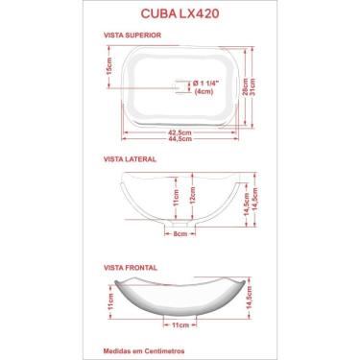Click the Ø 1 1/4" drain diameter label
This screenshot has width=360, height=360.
point(207,83)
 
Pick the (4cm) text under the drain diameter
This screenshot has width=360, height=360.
point(204,92)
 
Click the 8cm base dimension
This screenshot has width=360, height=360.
point(180,233)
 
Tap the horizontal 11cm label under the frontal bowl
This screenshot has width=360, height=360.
point(179,326)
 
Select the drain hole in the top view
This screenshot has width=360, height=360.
point(179,87)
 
